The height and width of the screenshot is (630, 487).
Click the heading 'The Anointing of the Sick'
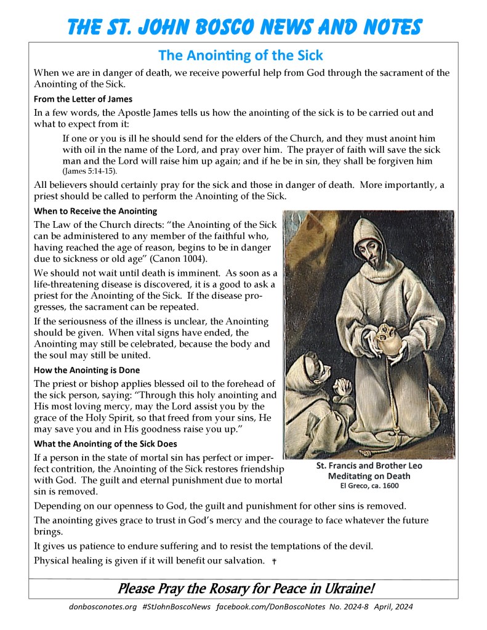click(240, 55)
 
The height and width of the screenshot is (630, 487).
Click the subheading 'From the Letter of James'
click(83, 99)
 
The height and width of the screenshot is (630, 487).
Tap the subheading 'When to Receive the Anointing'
click(95, 211)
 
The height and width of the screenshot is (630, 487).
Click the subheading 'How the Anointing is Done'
click(87, 370)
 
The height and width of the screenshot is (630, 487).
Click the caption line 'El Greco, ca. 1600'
click(369, 485)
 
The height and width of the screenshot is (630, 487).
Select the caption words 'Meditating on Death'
click(369, 476)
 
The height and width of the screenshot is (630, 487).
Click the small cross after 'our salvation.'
click(274, 562)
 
